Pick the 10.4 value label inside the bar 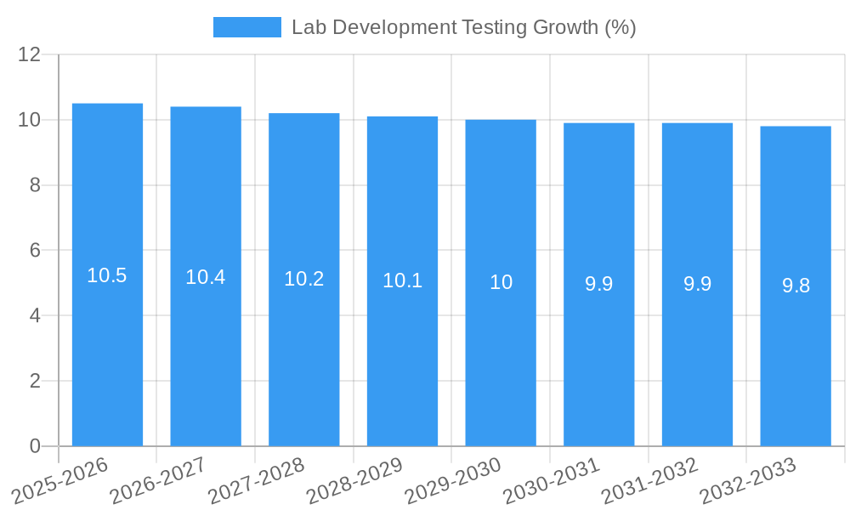point(206,277)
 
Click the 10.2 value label point(303,279)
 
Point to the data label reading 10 point(501,282)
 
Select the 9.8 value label point(796,286)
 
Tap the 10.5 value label point(107,275)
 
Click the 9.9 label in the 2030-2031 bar point(599,284)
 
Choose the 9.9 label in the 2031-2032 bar point(697,284)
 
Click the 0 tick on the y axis point(35,446)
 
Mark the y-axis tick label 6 point(35,251)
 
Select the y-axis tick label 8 point(35,185)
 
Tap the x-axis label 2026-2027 point(158,481)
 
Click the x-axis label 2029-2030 point(453,481)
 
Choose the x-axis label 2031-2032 point(649,481)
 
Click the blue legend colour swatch point(246,27)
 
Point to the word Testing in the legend point(495,27)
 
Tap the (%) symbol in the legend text point(620,27)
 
